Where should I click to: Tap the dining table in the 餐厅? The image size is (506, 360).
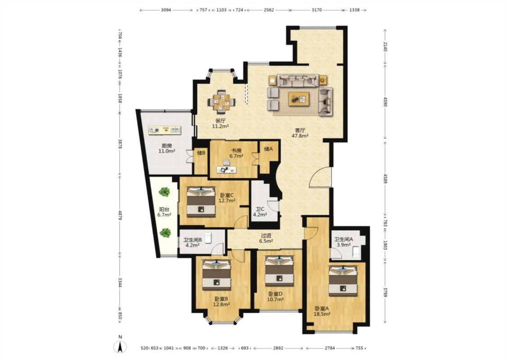click(221, 102)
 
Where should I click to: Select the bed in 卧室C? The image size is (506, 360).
click(201, 202)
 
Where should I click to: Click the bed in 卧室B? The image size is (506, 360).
click(216, 275)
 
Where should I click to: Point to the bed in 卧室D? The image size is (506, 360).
click(279, 271)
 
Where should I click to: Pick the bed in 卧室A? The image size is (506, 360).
click(343, 280)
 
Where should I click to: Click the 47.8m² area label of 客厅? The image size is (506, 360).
click(300, 136)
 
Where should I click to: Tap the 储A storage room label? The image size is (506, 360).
click(268, 149)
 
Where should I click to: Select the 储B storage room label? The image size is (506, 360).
click(202, 153)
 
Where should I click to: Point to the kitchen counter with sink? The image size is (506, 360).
click(165, 130)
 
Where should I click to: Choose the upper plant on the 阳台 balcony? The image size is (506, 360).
click(164, 192)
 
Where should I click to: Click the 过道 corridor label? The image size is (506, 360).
click(266, 235)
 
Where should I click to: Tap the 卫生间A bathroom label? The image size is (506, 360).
click(343, 239)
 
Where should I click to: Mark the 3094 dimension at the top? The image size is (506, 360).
click(166, 10)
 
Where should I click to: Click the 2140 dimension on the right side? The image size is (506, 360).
click(385, 46)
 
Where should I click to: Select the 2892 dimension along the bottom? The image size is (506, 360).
click(278, 348)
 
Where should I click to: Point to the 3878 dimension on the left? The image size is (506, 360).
click(120, 144)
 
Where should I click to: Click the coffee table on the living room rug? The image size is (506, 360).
click(299, 99)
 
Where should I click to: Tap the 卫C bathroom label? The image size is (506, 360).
click(260, 209)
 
